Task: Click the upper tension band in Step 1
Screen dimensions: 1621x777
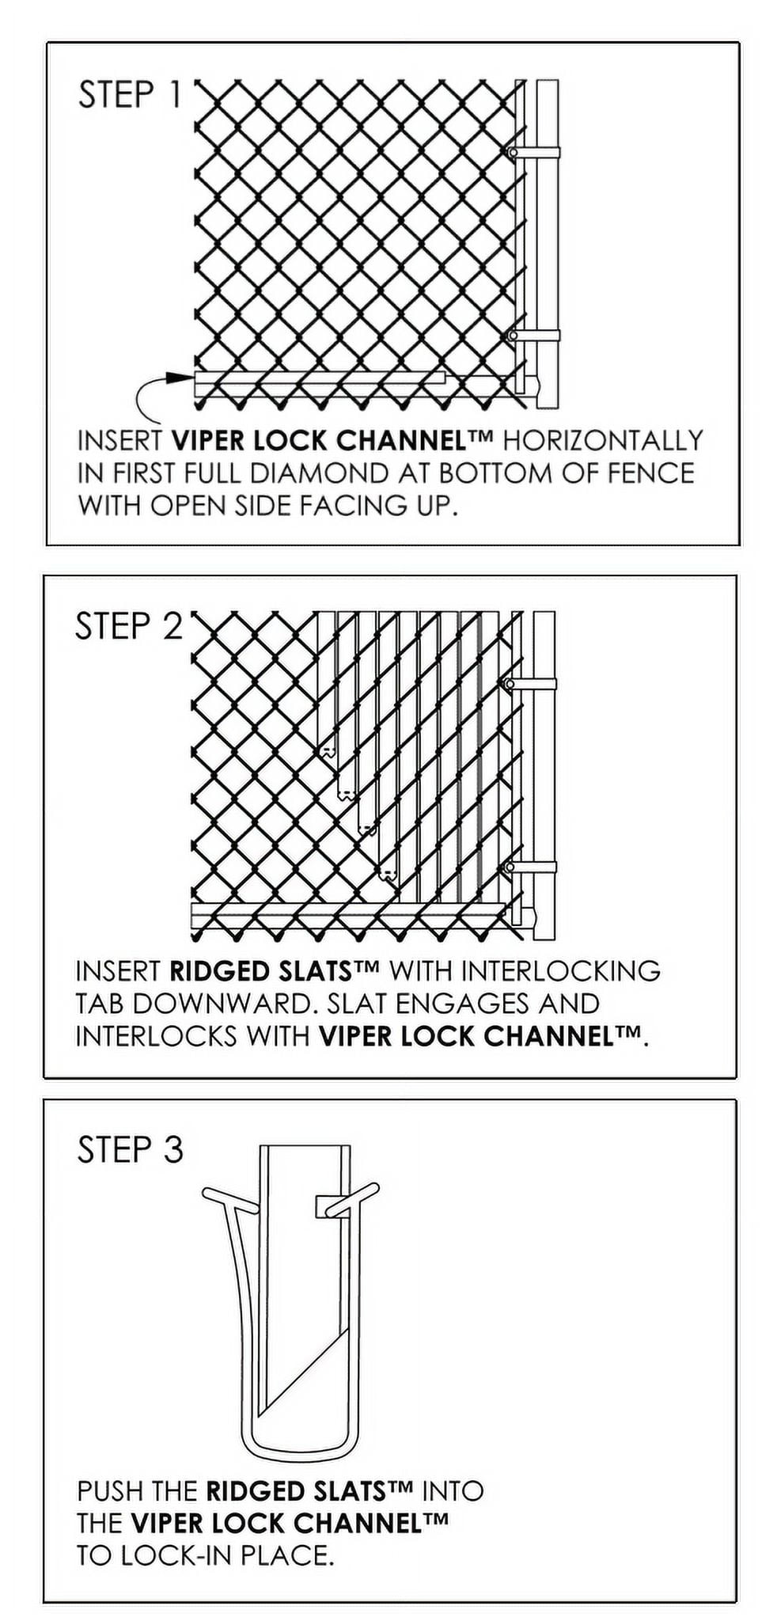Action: [x=536, y=152]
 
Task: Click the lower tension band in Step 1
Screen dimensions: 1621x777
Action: [x=536, y=336]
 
